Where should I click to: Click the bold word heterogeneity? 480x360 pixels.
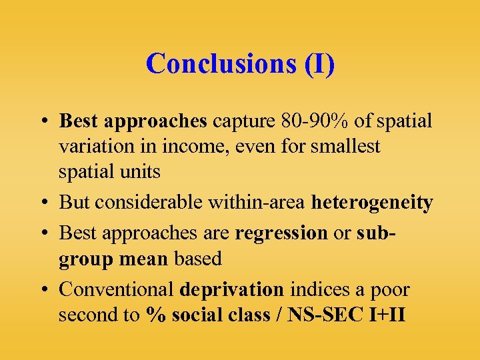pyautogui.click(x=372, y=202)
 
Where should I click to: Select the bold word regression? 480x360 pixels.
pyautogui.click(x=281, y=233)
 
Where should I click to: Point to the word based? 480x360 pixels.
pyautogui.click(x=197, y=258)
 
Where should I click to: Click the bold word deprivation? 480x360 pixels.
pyautogui.click(x=231, y=289)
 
